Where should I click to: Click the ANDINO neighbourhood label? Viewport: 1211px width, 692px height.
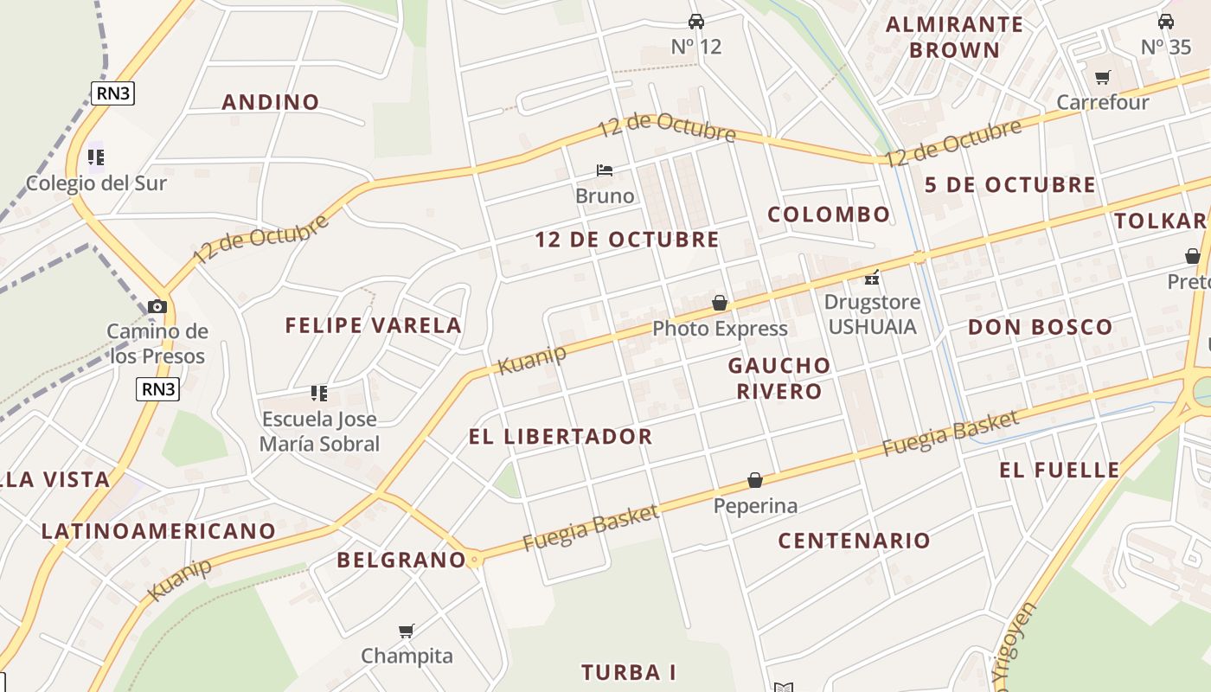(271, 102)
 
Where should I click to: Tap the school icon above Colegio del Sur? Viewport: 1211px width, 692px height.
(95, 157)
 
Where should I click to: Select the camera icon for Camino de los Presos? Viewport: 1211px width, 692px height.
(157, 306)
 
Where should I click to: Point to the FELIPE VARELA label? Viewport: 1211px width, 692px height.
(374, 326)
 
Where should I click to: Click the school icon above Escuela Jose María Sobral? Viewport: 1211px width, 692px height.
(319, 394)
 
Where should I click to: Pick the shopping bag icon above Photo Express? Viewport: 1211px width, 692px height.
(720, 303)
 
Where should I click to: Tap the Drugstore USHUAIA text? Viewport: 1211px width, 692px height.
(871, 315)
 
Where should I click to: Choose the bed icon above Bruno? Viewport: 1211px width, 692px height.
(605, 170)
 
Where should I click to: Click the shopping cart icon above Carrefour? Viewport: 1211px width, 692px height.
(1102, 78)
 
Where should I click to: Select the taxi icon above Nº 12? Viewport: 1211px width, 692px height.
(696, 22)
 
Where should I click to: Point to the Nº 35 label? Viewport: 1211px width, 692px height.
(1165, 47)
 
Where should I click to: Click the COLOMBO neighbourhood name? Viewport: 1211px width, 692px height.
(829, 215)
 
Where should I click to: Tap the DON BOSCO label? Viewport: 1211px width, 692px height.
(1040, 327)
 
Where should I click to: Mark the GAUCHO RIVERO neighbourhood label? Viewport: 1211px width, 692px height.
(779, 378)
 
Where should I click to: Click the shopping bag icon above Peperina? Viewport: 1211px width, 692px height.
(755, 480)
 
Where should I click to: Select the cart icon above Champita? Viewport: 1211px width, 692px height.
(407, 631)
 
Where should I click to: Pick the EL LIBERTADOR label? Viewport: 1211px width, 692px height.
(561, 437)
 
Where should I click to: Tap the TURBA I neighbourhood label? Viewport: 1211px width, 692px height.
(628, 672)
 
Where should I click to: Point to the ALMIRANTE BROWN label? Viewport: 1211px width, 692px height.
(954, 36)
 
